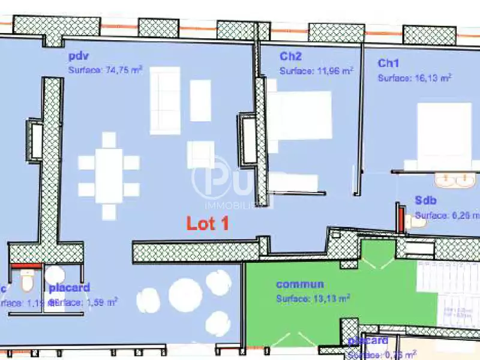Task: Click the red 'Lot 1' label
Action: click(208, 223)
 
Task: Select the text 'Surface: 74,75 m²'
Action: click(105, 70)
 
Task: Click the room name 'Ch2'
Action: click(290, 57)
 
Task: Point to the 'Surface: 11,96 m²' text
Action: click(316, 71)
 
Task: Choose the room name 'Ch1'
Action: click(388, 63)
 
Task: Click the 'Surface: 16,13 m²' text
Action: click(414, 77)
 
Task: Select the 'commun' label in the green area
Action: click(300, 284)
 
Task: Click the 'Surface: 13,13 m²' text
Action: click(313, 297)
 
